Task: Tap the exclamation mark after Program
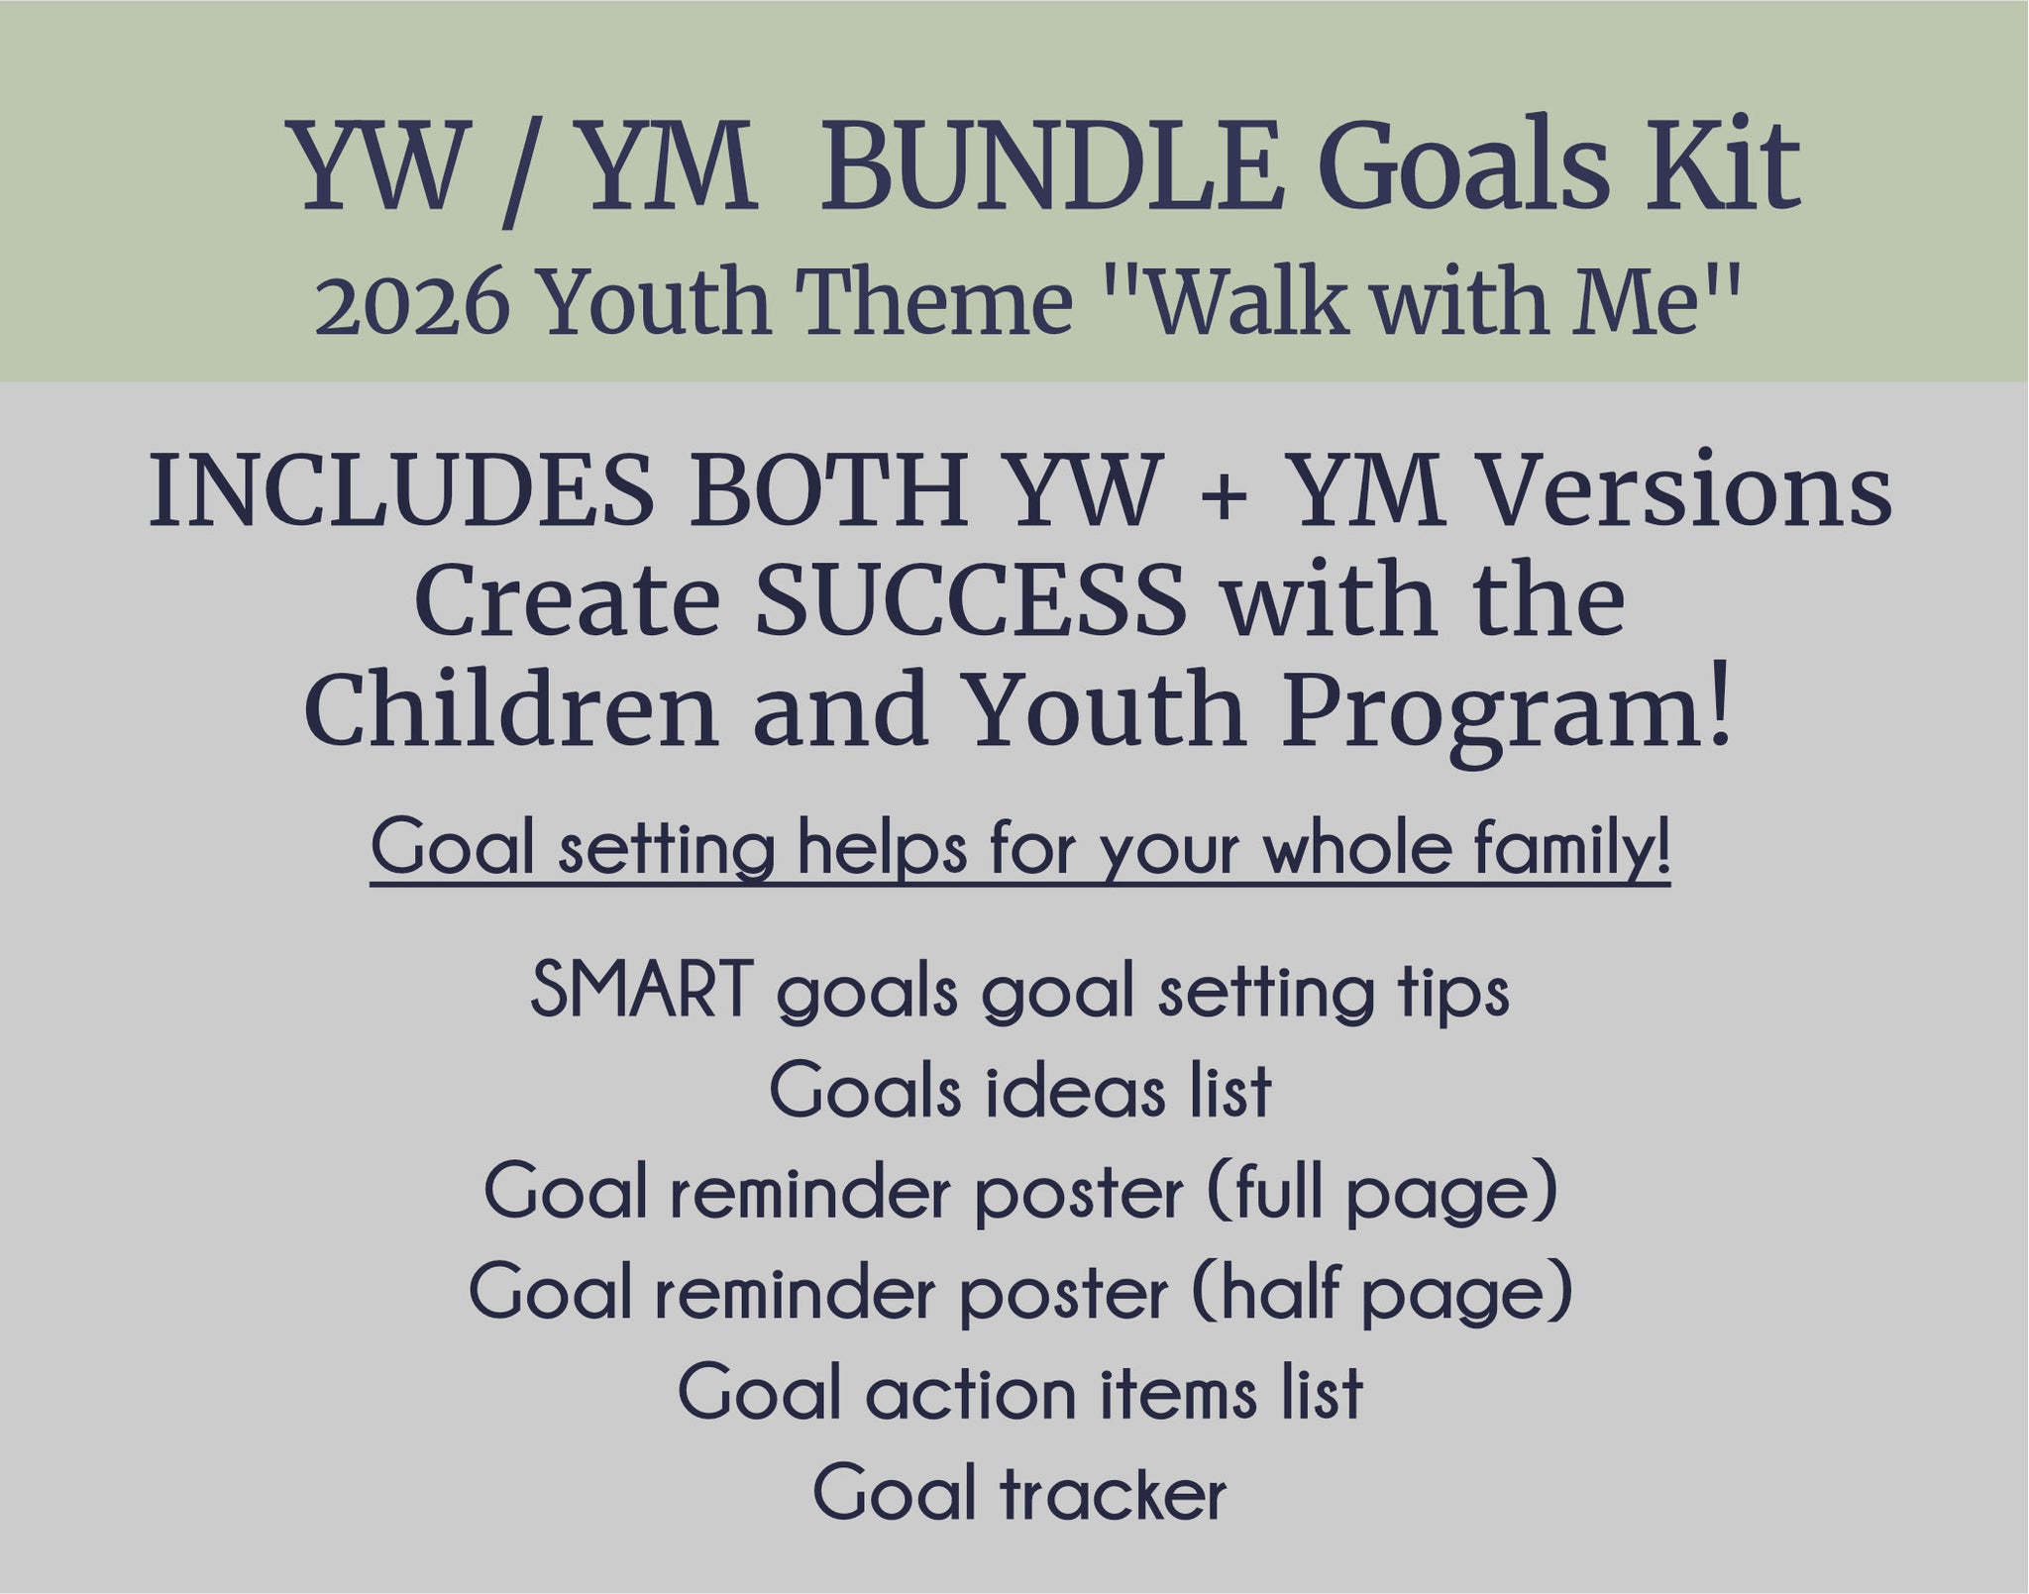tap(1720, 710)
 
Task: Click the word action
tap(970, 1393)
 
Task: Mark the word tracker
tap(1112, 1494)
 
